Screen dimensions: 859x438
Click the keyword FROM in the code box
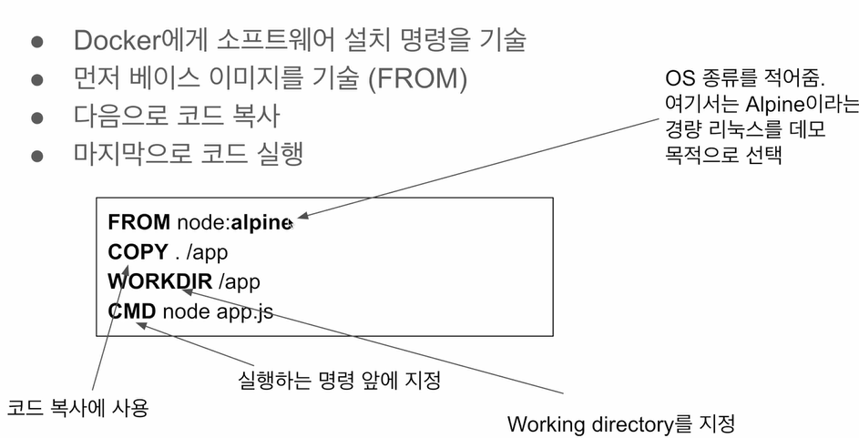[x=138, y=221]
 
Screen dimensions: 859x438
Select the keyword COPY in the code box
[x=138, y=251]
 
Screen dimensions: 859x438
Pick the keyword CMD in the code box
[x=131, y=311]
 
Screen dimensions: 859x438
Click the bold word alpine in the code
[x=261, y=221]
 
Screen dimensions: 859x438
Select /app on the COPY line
[x=207, y=251]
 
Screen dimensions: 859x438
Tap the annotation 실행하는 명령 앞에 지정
[x=333, y=380]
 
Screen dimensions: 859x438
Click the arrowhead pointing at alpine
[x=303, y=218]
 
